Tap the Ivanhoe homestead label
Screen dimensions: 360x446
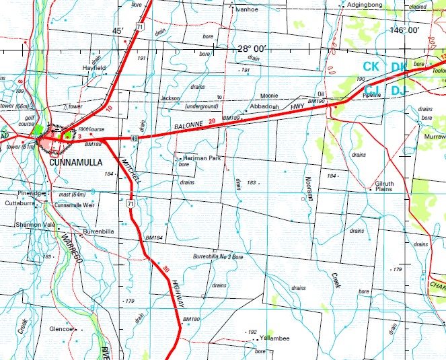tap(246, 9)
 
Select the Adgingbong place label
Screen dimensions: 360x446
tap(364, 5)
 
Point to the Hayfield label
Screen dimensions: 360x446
tap(94, 68)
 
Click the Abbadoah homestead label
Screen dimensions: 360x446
tap(264, 107)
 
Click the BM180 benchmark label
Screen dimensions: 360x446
tap(192, 319)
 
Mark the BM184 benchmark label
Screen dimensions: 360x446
tap(154, 238)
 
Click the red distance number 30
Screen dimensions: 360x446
tap(165, 269)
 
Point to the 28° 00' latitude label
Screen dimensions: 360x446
tap(252, 48)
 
